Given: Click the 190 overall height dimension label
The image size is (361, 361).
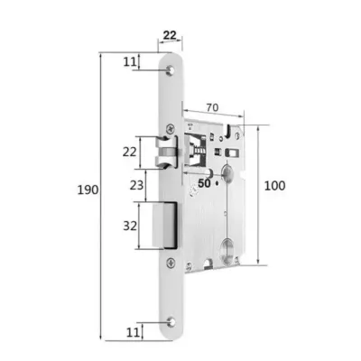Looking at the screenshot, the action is coord(88,190).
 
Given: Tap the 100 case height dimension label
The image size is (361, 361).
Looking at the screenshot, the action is coord(274,186).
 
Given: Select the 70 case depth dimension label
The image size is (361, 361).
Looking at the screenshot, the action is coord(212,107).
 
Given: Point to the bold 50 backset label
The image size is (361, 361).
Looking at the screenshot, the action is coord(204,183).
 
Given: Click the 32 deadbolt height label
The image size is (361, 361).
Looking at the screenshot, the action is coord(130,226).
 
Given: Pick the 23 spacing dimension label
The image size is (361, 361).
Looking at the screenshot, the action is coord(136,185).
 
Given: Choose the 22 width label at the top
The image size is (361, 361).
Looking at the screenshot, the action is coord(170,35).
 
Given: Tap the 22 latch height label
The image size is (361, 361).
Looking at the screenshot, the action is coord(130,152).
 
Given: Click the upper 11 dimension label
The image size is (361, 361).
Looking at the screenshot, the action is coord(130,61).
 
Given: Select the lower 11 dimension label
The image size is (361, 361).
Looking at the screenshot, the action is coord(133,332).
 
